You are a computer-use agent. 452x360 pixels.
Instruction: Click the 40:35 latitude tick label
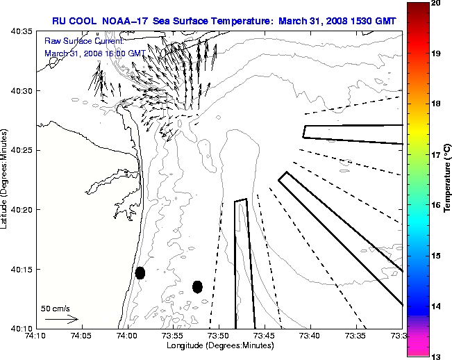click(20, 32)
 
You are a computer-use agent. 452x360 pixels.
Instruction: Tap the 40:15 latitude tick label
click(20, 269)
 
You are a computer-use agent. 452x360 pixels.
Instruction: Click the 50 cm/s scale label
click(56, 309)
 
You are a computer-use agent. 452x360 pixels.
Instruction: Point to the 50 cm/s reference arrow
click(61, 319)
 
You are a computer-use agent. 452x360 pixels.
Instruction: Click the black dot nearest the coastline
click(140, 272)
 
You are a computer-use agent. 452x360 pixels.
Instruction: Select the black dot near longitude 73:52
click(197, 286)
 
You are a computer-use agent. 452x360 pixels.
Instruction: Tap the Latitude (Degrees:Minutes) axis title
click(6, 179)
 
